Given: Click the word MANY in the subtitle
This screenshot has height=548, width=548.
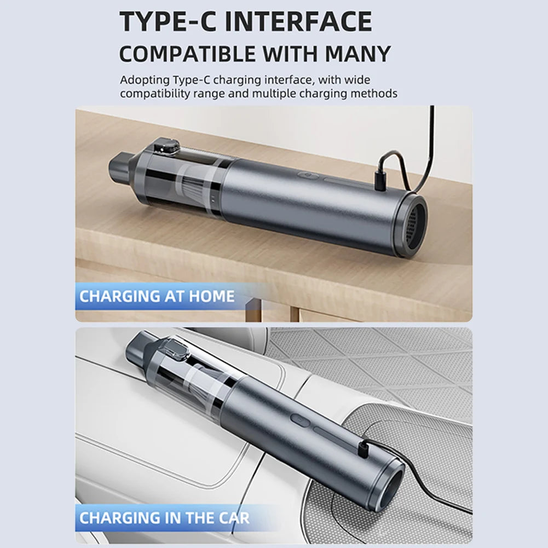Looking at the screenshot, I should click(358, 54).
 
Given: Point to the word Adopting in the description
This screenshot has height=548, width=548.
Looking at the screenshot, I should click(142, 80).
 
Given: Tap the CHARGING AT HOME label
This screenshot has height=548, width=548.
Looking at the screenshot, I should click(157, 297).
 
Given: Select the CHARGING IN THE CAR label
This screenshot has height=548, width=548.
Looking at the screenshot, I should click(164, 517).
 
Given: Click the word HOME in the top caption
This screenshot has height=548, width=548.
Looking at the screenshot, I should click(211, 297).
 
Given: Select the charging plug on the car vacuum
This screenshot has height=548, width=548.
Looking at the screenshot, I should click(362, 451).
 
